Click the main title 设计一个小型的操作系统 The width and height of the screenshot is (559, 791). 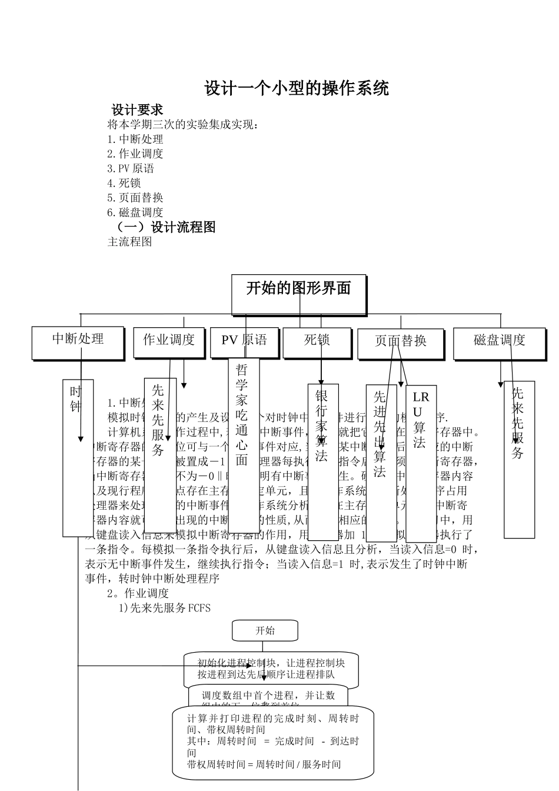click(x=297, y=88)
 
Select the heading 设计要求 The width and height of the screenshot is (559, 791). click(x=138, y=109)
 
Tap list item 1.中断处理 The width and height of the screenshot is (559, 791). click(x=135, y=139)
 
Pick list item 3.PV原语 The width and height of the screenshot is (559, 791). click(x=131, y=168)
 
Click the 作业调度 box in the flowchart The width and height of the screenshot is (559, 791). click(x=169, y=342)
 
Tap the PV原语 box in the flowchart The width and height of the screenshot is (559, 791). click(x=244, y=341)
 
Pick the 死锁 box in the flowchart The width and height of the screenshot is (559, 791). click(x=317, y=341)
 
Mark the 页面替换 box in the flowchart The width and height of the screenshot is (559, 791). click(x=401, y=343)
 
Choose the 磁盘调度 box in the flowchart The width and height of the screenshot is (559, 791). click(x=499, y=343)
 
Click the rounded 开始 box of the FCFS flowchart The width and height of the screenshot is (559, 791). click(x=265, y=631)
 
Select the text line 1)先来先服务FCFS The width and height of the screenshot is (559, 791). click(x=165, y=607)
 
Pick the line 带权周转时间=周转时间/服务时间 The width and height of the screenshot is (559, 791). click(x=264, y=764)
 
